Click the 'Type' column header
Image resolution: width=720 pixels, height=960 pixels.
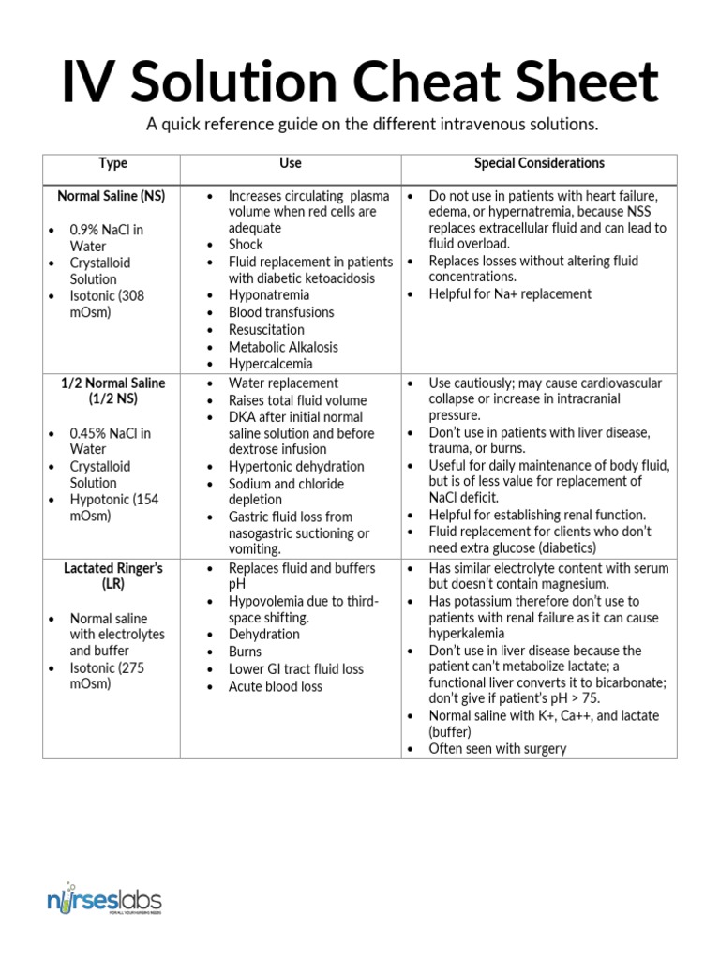click(112, 163)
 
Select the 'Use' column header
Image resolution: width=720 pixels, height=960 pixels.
click(291, 163)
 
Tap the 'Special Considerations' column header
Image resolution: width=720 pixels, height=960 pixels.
click(539, 163)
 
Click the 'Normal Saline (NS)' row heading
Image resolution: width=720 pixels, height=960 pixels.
click(112, 196)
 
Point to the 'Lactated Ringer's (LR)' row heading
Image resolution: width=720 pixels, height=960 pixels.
click(112, 576)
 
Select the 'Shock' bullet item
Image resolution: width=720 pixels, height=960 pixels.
click(246, 245)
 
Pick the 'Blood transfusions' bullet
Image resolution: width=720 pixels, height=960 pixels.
click(281, 312)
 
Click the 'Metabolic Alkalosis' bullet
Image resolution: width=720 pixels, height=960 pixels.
click(283, 347)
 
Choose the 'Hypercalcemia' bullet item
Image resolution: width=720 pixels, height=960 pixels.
click(271, 364)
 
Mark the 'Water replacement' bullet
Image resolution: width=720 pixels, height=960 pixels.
click(283, 383)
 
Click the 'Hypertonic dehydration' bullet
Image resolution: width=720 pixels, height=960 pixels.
click(296, 467)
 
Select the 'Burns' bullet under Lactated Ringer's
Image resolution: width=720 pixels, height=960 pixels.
click(246, 652)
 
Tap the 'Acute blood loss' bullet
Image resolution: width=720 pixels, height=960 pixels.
click(276, 686)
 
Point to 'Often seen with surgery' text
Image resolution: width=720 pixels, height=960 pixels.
click(498, 748)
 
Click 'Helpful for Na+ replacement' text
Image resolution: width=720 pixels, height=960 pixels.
click(510, 294)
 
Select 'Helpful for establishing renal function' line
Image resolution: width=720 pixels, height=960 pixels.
click(537, 515)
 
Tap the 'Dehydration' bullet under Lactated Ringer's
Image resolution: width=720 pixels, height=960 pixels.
click(264, 635)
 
